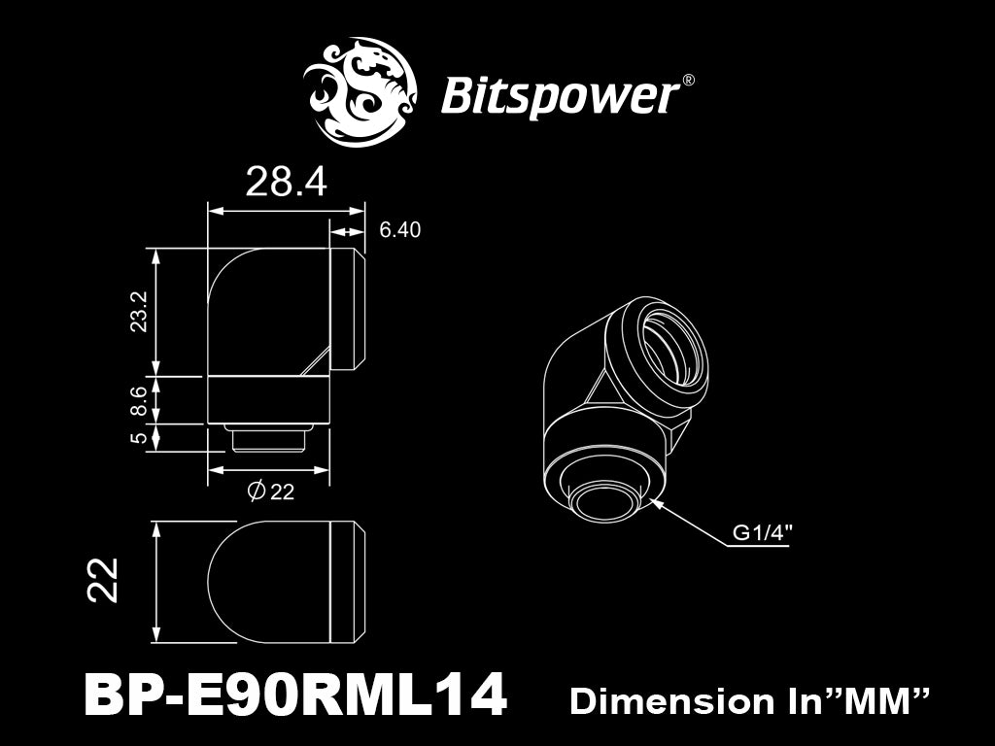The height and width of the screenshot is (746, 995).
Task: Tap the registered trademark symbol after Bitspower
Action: pos(688,81)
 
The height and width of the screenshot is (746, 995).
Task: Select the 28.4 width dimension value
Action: pos(286,182)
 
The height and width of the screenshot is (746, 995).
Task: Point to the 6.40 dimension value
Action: pos(399,229)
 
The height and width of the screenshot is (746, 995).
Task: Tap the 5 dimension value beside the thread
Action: pos(139,436)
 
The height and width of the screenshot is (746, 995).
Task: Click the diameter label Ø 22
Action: pos(271,491)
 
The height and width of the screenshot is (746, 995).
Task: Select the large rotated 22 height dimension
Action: pos(103,580)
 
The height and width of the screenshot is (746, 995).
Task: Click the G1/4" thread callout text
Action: pos(763,532)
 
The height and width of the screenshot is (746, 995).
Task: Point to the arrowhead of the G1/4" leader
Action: pos(656,502)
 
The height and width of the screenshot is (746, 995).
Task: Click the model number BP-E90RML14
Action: pos(295,695)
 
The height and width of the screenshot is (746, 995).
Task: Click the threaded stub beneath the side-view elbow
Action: pos(268,438)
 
